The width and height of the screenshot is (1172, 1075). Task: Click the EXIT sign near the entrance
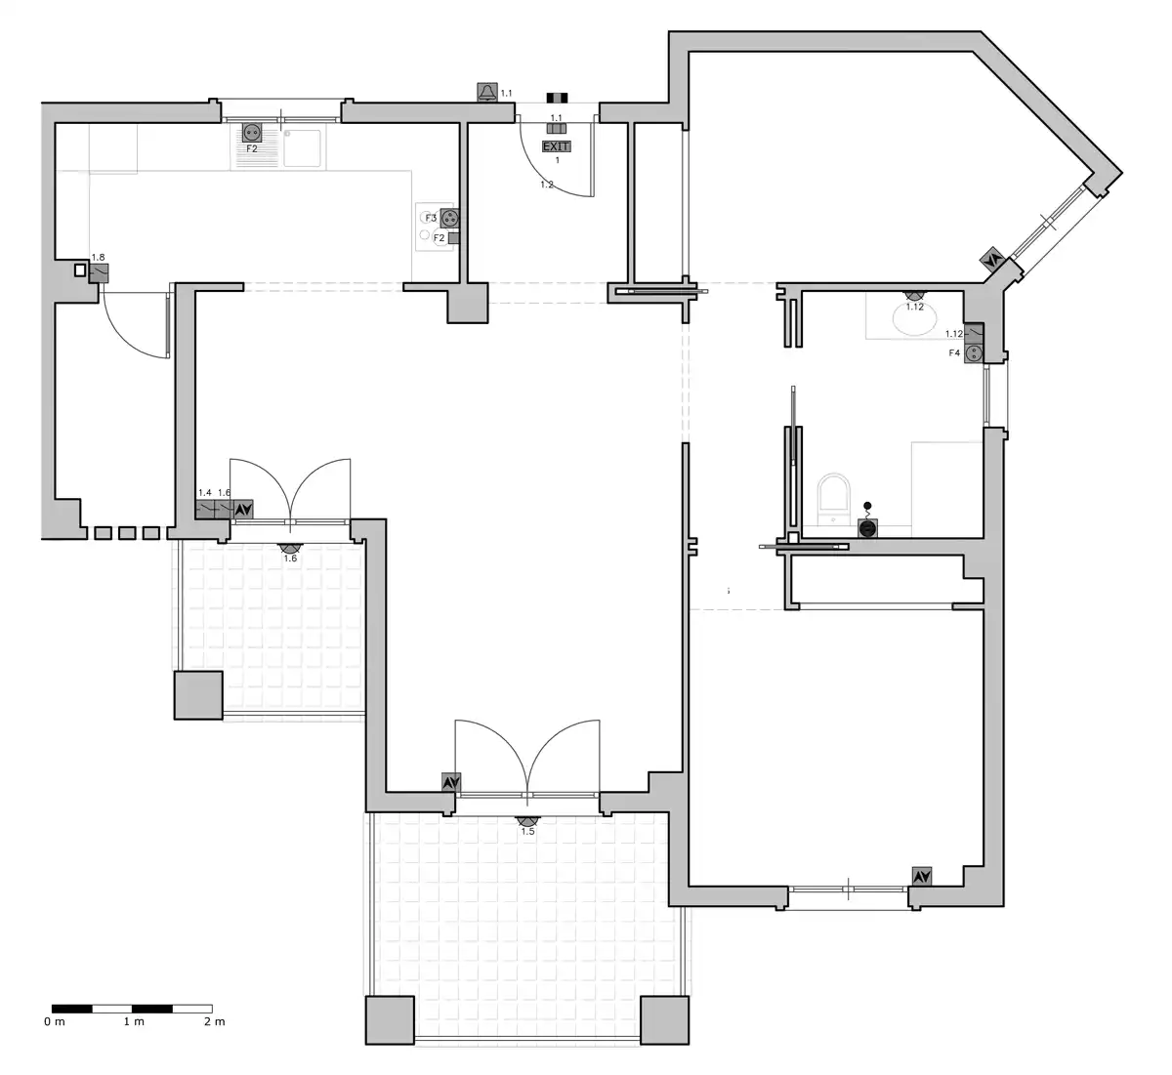click(556, 146)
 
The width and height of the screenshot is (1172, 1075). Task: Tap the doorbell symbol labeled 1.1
click(487, 93)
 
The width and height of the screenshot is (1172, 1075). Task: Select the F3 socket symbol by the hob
click(448, 219)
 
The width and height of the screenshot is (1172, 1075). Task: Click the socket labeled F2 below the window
click(252, 132)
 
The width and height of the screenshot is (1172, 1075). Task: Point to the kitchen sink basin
click(303, 147)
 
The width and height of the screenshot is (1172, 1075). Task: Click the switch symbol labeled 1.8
click(99, 273)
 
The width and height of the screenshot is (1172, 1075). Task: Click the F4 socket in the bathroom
click(974, 352)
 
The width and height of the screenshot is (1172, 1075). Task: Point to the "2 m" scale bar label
click(215, 1021)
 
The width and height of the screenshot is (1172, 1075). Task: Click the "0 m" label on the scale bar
click(55, 1021)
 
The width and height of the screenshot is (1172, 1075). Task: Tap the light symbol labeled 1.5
click(527, 821)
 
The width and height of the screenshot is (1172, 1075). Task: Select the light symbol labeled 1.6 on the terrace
click(290, 548)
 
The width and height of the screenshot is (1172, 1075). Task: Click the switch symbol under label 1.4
click(204, 510)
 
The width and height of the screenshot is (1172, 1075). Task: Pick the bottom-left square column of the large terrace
click(391, 1020)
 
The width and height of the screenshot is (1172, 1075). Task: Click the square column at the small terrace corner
click(198, 695)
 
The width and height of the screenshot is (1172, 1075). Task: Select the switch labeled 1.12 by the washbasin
click(974, 333)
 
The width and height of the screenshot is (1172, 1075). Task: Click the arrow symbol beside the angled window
click(992, 260)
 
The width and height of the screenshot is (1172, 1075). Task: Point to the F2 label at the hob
click(439, 238)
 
